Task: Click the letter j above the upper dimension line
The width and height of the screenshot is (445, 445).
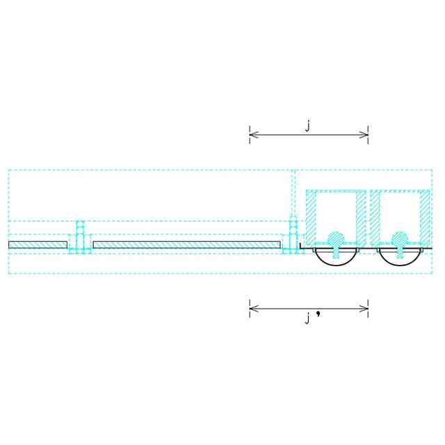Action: pos(307,124)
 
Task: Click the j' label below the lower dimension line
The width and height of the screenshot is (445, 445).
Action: pos(310,318)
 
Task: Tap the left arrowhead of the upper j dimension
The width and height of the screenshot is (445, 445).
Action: pos(252,134)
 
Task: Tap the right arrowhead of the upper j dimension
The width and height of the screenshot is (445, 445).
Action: pos(366,134)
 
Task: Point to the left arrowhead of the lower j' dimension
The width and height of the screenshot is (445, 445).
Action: pos(252,308)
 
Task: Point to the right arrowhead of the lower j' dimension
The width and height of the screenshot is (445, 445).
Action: pos(366,308)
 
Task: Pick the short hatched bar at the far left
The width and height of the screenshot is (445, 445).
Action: pos(38,245)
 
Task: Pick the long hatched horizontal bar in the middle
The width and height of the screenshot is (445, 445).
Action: pos(186,245)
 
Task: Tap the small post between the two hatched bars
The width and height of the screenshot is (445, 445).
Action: pos(80,236)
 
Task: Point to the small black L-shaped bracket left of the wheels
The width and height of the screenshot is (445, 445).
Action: pos(302,246)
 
